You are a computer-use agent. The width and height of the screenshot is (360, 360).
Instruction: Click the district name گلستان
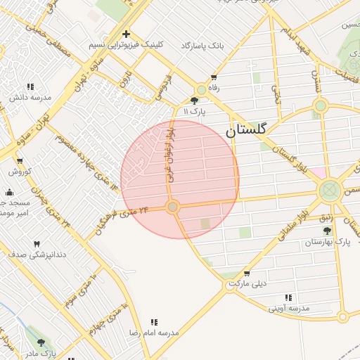coord(247,130)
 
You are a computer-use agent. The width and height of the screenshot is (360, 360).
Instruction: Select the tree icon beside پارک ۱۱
coord(194,101)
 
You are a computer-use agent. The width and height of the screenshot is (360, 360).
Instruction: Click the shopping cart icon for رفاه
coord(214,77)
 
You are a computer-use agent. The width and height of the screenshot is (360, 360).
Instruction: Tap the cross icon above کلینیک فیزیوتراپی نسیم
coord(126,34)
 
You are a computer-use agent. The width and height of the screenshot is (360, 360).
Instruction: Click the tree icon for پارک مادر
coord(41,342)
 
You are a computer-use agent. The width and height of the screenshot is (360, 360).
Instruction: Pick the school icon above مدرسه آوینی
coord(288,297)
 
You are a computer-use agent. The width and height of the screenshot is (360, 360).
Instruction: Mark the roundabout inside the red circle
coord(172,207)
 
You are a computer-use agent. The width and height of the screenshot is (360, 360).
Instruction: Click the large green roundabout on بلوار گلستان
coord(328,190)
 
